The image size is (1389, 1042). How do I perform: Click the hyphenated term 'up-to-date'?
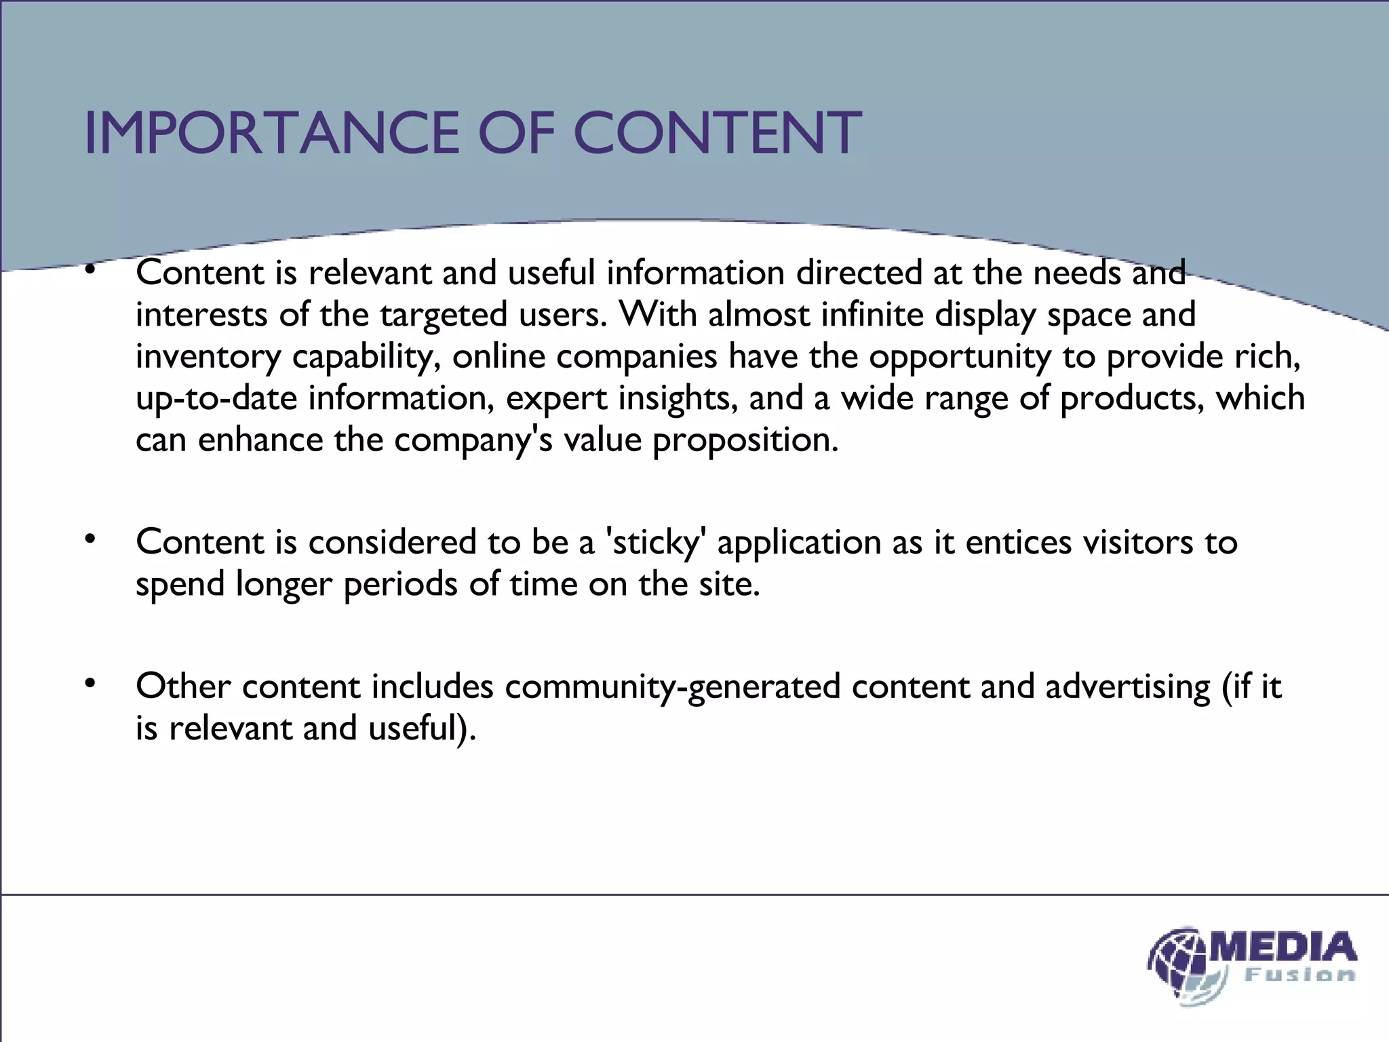pyautogui.click(x=216, y=399)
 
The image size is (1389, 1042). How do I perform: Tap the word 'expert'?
pyautogui.click(x=557, y=399)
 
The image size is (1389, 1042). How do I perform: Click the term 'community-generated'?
pyautogui.click(x=672, y=687)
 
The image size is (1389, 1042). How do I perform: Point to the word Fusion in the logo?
pyautogui.click(x=1299, y=976)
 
